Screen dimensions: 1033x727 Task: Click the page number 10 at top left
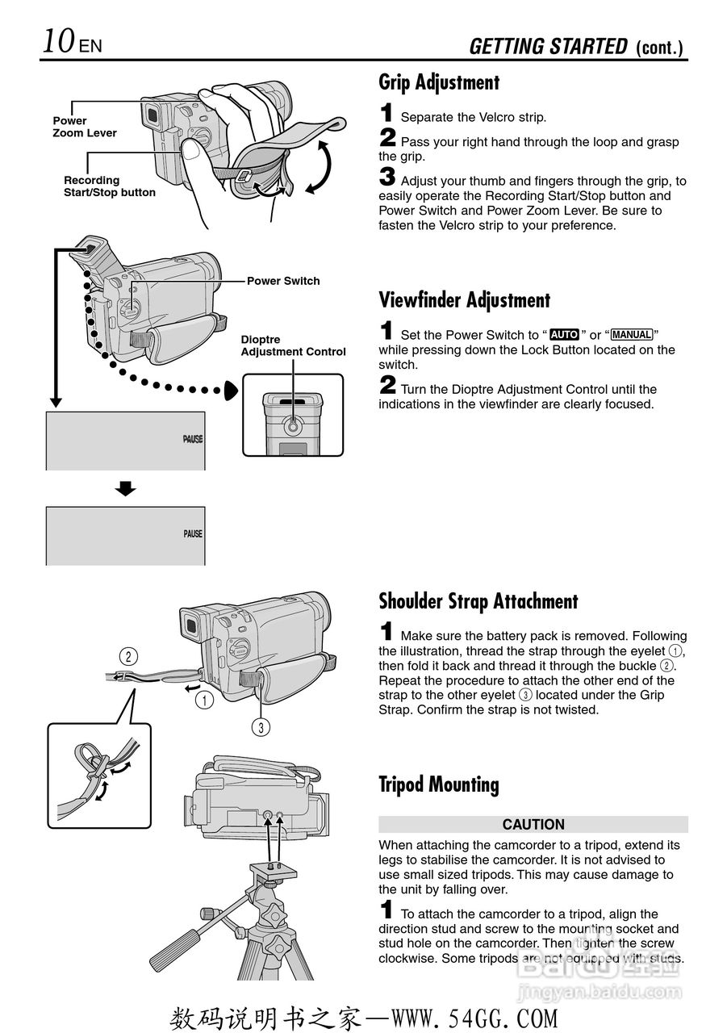60,41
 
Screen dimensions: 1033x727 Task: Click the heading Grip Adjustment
439,82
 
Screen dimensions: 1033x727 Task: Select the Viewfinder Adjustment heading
464,300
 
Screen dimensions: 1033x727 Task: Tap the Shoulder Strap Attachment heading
478,601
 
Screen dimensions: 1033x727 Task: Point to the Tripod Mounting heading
438,784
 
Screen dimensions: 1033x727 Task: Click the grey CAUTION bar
533,824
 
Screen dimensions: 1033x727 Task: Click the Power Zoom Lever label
85,127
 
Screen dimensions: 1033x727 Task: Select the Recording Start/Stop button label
109,186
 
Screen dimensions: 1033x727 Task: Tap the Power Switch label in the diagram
283,281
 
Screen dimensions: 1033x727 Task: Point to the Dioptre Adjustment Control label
293,345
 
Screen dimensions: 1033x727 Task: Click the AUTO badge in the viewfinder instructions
564,334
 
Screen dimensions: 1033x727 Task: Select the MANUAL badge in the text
632,334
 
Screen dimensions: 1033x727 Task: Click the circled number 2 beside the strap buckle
127,655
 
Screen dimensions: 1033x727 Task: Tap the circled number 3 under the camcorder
260,727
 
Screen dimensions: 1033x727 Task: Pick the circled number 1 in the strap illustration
205,701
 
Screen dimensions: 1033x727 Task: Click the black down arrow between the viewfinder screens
125,488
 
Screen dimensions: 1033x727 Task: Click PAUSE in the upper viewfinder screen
192,440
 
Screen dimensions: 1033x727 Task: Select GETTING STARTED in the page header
548,47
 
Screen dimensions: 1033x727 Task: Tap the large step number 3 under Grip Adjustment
386,177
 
